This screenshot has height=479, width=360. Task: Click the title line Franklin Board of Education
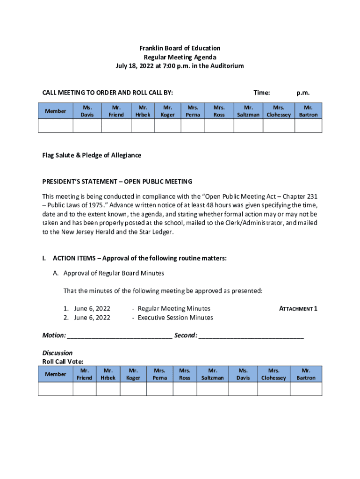click(180, 48)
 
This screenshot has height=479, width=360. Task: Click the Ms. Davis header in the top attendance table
click(87, 111)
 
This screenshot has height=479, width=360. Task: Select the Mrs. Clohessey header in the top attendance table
click(279, 111)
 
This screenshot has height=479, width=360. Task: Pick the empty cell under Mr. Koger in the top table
click(168, 126)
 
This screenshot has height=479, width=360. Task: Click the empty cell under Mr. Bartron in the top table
click(308, 126)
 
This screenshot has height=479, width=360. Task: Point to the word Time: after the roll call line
click(261, 93)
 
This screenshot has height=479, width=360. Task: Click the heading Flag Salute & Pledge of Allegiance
click(92, 155)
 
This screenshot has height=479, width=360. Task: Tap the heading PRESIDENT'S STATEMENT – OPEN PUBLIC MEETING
click(117, 181)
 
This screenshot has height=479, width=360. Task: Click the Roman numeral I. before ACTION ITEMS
click(44, 258)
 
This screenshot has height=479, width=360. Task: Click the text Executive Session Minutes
click(175, 318)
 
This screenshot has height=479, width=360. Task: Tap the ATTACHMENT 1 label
click(298, 309)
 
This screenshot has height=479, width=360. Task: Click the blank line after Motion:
click(120, 336)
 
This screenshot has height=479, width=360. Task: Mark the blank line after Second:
click(251, 336)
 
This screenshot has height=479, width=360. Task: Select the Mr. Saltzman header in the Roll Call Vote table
click(212, 374)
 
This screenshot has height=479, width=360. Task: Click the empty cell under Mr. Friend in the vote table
click(84, 389)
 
